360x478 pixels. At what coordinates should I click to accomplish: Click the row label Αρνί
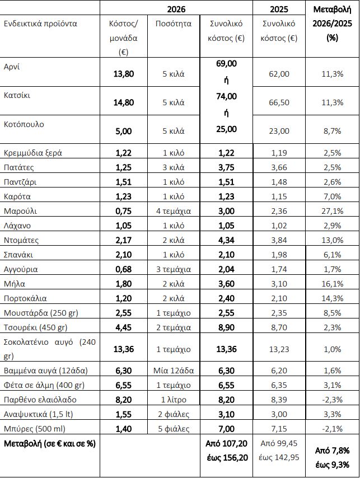(x=12, y=67)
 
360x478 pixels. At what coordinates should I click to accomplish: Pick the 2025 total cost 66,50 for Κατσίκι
(x=279, y=102)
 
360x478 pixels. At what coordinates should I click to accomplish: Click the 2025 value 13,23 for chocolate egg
(x=279, y=349)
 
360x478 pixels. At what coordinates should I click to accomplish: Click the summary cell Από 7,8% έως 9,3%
(x=333, y=457)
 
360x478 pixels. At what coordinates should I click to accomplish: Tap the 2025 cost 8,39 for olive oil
(x=279, y=399)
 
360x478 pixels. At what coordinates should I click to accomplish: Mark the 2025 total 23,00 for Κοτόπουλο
(x=279, y=131)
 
